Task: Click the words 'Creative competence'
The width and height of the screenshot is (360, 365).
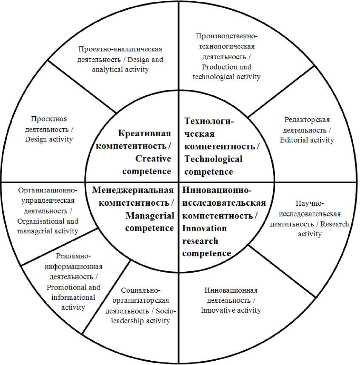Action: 147,165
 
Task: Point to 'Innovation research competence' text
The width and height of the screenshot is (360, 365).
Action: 207,241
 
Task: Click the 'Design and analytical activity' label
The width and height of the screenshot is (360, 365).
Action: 128,65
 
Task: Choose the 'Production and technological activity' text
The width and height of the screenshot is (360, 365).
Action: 226,72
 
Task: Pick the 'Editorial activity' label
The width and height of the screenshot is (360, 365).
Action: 307,140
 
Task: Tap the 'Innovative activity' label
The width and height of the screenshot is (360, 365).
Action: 231,310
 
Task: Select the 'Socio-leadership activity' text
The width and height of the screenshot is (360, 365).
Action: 140,316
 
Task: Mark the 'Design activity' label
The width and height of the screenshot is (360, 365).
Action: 49,139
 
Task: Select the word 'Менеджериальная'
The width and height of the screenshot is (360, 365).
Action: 133,190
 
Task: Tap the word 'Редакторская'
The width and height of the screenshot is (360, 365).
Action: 307,120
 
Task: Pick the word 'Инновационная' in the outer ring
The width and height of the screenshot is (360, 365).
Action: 231,290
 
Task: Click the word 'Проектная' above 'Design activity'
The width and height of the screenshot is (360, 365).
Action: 49,119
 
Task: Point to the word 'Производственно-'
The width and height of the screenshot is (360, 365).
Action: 226,36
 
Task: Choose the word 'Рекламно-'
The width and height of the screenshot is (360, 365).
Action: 73,256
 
